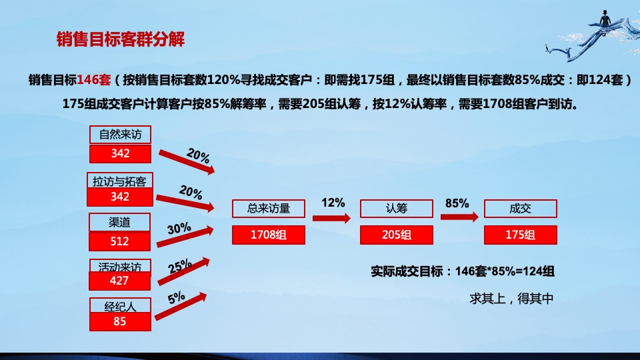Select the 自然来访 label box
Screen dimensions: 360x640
pyautogui.click(x=120, y=135)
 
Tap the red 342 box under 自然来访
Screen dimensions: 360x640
pyautogui.click(x=120, y=153)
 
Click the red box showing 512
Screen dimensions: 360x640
pyautogui.click(x=120, y=241)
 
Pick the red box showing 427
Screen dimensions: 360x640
pyautogui.click(x=120, y=281)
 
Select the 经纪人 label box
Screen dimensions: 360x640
pyautogui.click(x=120, y=307)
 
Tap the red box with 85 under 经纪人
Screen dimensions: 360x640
pyautogui.click(x=120, y=321)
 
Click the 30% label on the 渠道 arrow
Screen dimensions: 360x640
pyautogui.click(x=179, y=229)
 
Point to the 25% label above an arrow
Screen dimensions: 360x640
pyautogui.click(x=180, y=267)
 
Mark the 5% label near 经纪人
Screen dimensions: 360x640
pyautogui.click(x=177, y=298)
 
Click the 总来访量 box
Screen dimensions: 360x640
pyautogui.click(x=269, y=209)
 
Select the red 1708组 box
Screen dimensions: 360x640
pyautogui.click(x=269, y=235)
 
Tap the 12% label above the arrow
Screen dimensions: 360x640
pyautogui.click(x=333, y=202)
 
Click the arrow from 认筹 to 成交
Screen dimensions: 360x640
pyautogui.click(x=459, y=217)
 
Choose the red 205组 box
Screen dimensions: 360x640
pyautogui.click(x=397, y=235)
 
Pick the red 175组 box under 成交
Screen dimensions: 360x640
pyautogui.click(x=521, y=235)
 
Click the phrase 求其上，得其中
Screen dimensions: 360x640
pyautogui.click(x=511, y=298)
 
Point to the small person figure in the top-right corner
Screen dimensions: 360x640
pyautogui.click(x=605, y=17)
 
